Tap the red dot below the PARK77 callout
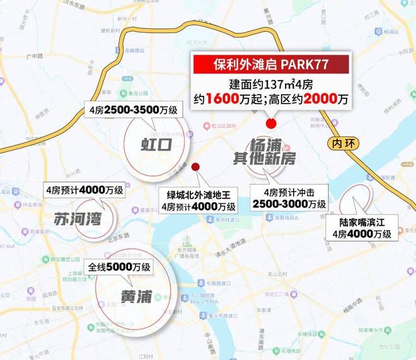pyautogui.click(x=272, y=123)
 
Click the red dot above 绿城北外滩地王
pyautogui.click(x=196, y=167)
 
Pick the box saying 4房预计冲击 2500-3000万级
pyautogui.click(x=289, y=198)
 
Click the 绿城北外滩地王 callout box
pyautogui.click(x=199, y=200)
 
